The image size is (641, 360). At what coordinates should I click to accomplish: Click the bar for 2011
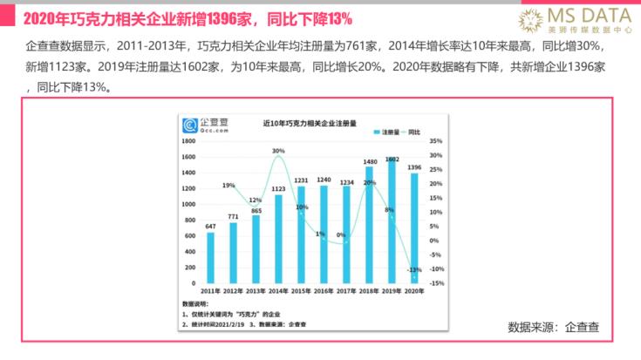coord(210,257)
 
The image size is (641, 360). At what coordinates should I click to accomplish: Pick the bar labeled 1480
coord(370,223)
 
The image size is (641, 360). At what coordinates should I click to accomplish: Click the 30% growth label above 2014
coord(278,151)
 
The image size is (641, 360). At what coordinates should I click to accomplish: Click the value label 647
coord(210,227)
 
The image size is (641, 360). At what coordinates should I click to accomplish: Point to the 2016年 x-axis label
coord(324,291)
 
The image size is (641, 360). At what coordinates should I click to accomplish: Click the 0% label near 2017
coord(341,234)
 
